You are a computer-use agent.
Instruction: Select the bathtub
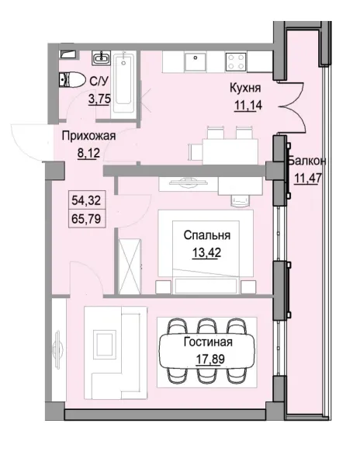coord(125,84)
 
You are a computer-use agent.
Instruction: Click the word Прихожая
coord(88,135)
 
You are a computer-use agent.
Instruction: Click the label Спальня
coord(206,234)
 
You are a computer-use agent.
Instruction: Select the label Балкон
coord(306,161)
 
